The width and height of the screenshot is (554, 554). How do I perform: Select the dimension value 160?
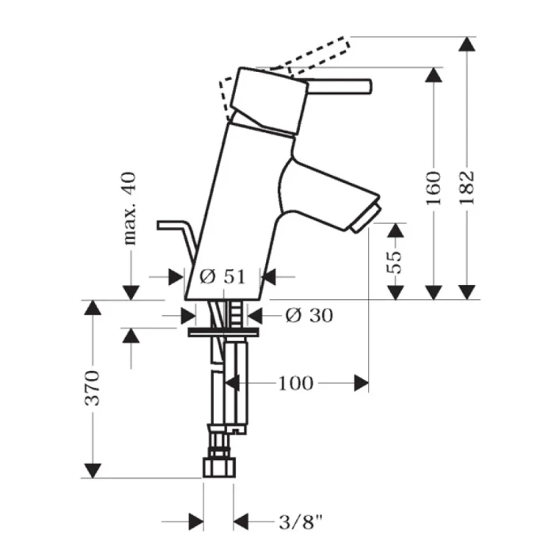pos(434,188)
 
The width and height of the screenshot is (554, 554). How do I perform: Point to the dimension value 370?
pos(93,387)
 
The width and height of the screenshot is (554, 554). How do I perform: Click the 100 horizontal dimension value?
pos(295,384)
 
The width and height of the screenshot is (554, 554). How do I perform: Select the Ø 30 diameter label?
pos(308,315)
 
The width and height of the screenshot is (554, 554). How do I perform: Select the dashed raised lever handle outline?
pos(317,51)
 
